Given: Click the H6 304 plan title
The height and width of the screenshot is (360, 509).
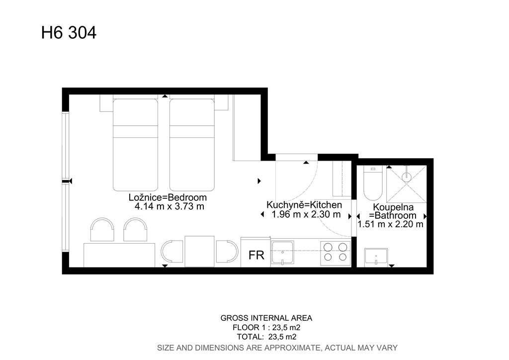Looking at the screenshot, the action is (x=69, y=33).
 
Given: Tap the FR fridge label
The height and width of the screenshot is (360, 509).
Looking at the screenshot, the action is (x=256, y=255).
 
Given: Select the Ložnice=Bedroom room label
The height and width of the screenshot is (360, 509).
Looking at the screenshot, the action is (x=168, y=197).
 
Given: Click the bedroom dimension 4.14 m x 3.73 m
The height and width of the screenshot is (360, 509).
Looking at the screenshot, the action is (x=169, y=206).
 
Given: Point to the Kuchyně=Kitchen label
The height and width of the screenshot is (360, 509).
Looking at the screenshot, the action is (x=304, y=205).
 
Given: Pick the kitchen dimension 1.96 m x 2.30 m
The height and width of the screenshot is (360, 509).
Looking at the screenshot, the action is (x=306, y=214).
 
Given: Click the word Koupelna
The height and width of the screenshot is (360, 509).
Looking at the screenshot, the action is (x=393, y=207).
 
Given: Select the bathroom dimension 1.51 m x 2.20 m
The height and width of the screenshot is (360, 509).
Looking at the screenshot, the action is (x=391, y=224).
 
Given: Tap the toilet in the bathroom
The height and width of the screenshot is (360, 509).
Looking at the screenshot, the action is (x=373, y=183).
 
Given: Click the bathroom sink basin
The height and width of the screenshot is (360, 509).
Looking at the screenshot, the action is (x=376, y=258).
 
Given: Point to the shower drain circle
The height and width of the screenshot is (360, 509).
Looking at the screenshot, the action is (x=406, y=177).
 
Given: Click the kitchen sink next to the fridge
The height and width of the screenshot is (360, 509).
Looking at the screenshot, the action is (x=282, y=254).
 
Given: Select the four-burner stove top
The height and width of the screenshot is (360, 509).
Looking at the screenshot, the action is (x=336, y=252).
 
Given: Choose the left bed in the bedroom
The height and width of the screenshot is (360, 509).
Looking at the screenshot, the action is (x=135, y=145).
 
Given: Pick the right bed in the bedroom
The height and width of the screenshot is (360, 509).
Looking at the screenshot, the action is (x=192, y=145).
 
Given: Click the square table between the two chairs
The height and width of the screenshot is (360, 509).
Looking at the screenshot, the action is (x=199, y=252).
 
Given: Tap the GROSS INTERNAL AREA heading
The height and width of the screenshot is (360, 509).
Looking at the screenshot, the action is (x=266, y=318).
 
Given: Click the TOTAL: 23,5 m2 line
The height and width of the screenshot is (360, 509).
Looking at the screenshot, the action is (x=266, y=337).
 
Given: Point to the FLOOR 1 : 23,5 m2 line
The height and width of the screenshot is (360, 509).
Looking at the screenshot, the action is (x=266, y=328).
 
